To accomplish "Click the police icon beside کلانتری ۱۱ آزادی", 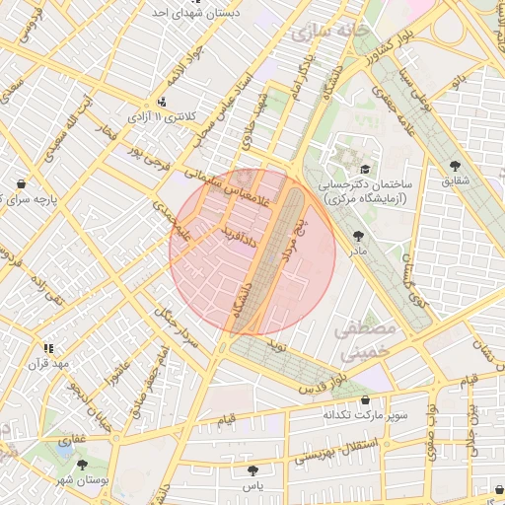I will coord(162,102).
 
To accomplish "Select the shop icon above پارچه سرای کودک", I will coord(23,182).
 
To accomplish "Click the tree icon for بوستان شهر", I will coord(82,464).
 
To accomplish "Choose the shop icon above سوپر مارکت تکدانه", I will coord(366,400).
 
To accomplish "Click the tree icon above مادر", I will coord(356,235).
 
